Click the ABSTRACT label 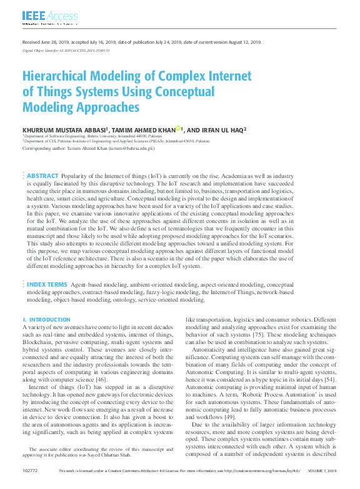click(x=42, y=177)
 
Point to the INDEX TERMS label click(x=47, y=284)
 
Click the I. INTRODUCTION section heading click(x=46, y=320)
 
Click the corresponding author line click(x=88, y=149)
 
